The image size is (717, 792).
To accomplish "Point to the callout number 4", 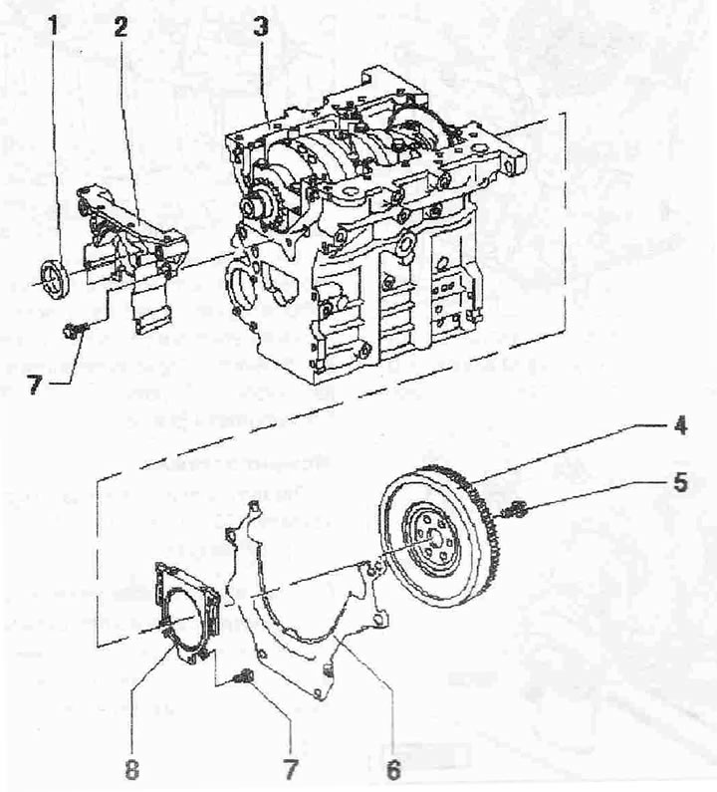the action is click(679, 425).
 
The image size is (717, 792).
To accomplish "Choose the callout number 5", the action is click(680, 482).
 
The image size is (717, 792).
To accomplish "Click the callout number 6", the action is click(393, 769).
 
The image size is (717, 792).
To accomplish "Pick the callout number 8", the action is click(131, 769).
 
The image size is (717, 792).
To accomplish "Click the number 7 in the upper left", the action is click(33, 386).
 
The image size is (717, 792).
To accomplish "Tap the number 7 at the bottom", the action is click(291, 769).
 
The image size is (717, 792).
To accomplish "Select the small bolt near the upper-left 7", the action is click(75, 331).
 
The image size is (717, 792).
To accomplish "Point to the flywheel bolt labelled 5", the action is click(516, 510).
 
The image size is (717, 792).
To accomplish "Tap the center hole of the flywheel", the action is click(433, 538).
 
